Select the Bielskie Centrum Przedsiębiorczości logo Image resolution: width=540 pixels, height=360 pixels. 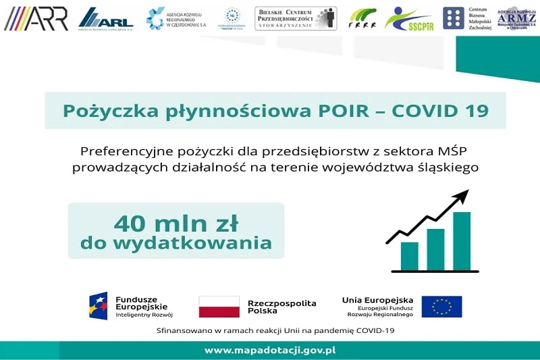click(295, 18)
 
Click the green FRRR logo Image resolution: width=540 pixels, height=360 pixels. click(362, 19)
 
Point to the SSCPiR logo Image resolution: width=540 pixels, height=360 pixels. click(408, 19)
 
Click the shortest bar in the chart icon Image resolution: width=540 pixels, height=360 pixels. click(409, 255)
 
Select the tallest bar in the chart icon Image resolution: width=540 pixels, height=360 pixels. click(462, 240)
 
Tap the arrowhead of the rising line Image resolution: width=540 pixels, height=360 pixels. click(462, 196)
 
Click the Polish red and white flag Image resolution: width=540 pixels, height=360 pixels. click(219, 307)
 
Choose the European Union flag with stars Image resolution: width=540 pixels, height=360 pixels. click(441, 307)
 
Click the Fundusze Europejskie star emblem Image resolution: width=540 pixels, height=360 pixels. click(99, 306)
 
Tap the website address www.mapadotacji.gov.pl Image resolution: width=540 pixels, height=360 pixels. click(270, 351)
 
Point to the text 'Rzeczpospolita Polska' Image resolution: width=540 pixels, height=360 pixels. click(281, 307)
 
